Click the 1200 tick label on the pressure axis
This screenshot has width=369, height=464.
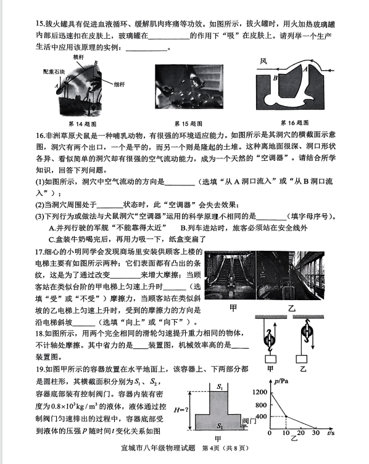coord(260,392)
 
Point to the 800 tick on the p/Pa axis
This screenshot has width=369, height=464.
coord(261,405)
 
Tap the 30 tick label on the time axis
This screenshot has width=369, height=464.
coord(316,433)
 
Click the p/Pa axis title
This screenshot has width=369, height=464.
coord(281,381)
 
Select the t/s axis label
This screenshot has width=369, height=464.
coord(331,433)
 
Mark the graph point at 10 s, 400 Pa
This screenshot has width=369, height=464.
coord(286,417)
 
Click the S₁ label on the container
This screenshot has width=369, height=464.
coord(220,386)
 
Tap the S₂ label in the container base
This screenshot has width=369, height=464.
coord(220,426)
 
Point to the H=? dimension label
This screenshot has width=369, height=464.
coord(181,410)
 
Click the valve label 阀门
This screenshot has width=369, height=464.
coord(249,421)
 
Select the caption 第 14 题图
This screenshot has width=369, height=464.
coord(83,124)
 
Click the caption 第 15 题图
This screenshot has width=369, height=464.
coord(188,123)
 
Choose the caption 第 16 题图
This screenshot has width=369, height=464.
coord(294,123)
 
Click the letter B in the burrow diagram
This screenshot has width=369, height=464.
coord(275,78)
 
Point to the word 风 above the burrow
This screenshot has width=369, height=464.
coord(263,61)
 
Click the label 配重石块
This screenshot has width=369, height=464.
coord(54,71)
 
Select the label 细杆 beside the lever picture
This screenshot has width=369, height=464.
coord(119,84)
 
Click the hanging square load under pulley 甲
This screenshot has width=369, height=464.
coord(270,359)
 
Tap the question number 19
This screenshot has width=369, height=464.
coord(39,369)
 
